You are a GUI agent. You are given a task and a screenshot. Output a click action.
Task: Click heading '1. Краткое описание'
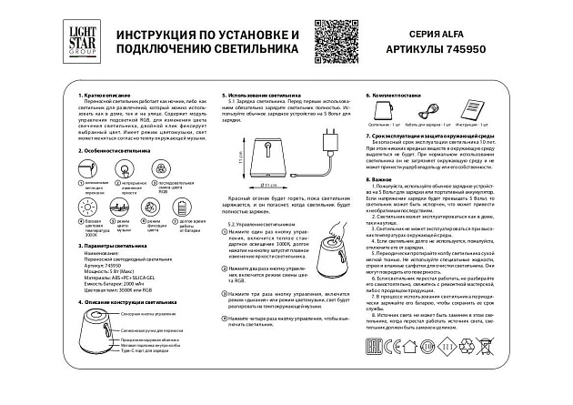(x=107, y=96)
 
